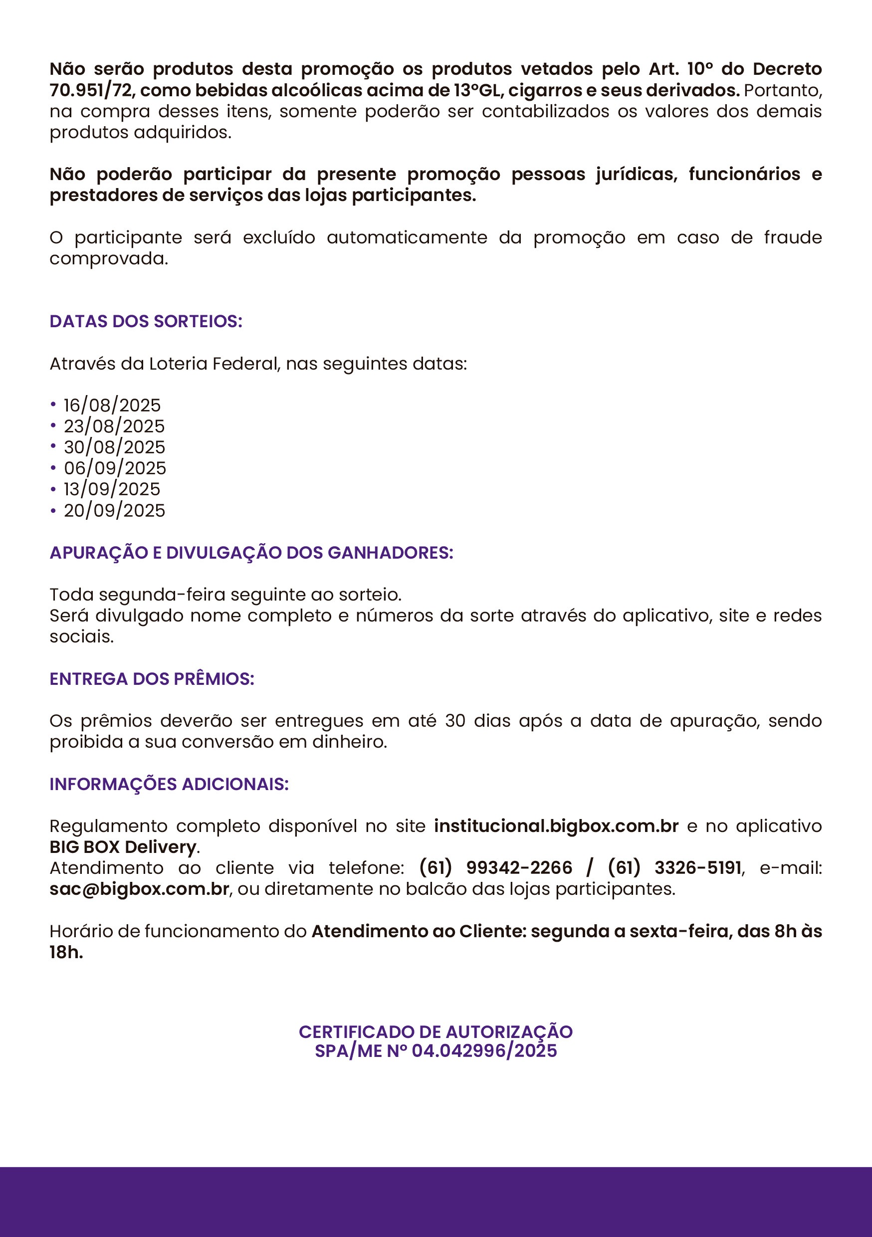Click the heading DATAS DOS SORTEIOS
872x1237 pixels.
click(x=146, y=321)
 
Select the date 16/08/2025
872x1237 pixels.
click(x=112, y=405)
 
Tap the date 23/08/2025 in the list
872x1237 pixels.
click(x=114, y=426)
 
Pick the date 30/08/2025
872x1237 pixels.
click(x=114, y=447)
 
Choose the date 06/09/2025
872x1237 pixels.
click(x=115, y=468)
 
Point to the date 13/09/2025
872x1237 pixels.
click(x=112, y=489)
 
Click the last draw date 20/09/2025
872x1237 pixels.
click(x=114, y=510)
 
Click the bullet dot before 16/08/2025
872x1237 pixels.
click(x=53, y=404)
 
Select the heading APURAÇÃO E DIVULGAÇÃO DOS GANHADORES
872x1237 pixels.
click(x=251, y=553)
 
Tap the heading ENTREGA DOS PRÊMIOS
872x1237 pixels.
click(x=152, y=679)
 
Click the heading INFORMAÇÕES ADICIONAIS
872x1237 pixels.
click(x=169, y=784)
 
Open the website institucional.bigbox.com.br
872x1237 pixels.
click(x=556, y=826)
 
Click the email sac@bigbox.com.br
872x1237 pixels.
click(x=140, y=889)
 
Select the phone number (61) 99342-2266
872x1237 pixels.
click(x=496, y=868)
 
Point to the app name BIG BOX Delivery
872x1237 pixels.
click(x=123, y=847)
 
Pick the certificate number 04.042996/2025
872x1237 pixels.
click(x=484, y=1050)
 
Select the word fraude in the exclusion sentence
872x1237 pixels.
click(x=793, y=237)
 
